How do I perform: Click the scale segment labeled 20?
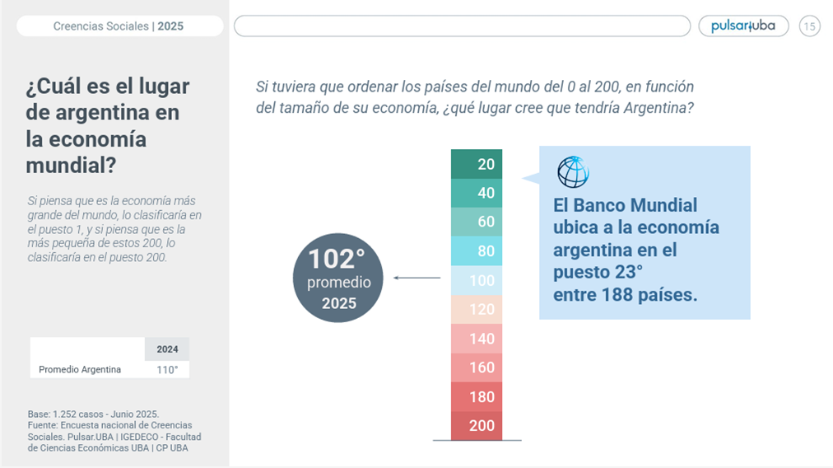[x=477, y=164]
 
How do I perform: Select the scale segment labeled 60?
[x=477, y=222]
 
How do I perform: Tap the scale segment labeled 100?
[x=477, y=280]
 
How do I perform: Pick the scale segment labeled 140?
[x=477, y=339]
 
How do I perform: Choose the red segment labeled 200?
[x=477, y=425]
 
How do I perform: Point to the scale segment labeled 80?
[x=477, y=251]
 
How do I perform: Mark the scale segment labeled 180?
[x=477, y=396]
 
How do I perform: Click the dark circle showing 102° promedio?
[x=338, y=278]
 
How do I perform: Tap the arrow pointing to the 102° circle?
[x=417, y=278]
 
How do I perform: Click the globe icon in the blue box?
[x=573, y=171]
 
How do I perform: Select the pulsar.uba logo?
[x=743, y=26]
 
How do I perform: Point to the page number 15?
[x=809, y=26]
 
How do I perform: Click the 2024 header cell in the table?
[x=167, y=349]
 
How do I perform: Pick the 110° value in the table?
[x=167, y=370]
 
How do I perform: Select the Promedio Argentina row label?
[x=80, y=370]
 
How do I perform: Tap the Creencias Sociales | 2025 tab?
[x=119, y=26]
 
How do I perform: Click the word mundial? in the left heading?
[x=71, y=165]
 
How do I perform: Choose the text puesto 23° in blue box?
[x=598, y=272]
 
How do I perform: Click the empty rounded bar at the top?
[x=462, y=26]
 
